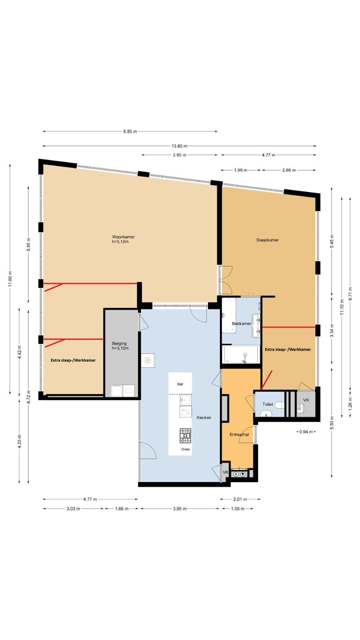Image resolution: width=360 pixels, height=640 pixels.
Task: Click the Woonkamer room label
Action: (x=123, y=237)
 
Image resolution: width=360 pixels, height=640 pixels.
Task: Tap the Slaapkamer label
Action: (x=267, y=240)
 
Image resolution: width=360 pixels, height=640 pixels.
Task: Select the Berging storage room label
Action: (x=119, y=344)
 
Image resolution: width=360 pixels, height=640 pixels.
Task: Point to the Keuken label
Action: (x=204, y=418)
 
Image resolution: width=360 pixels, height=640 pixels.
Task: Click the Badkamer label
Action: (x=242, y=324)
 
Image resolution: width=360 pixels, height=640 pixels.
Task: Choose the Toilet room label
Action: (x=268, y=404)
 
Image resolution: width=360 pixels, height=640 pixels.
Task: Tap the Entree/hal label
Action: (x=239, y=434)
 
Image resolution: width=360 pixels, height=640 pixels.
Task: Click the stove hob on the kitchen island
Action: (x=186, y=436)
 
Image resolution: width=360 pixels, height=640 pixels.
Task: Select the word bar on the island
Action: (x=180, y=384)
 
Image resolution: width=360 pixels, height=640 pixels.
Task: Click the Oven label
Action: (x=186, y=449)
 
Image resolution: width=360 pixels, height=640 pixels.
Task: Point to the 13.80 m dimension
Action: (x=180, y=146)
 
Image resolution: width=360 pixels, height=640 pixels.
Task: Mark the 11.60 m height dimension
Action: (x=10, y=279)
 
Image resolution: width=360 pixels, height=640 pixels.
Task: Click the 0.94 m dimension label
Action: (x=306, y=432)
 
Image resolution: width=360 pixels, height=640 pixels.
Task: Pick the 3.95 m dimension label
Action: (x=180, y=508)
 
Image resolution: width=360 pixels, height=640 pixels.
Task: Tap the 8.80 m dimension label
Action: (x=130, y=132)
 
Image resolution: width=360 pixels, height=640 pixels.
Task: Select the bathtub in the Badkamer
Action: (x=242, y=354)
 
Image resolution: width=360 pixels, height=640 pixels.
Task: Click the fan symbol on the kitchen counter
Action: (x=148, y=360)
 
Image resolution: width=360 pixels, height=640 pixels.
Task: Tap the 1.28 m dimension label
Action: (x=350, y=404)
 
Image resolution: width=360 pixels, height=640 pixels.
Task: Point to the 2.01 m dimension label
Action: (x=240, y=499)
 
